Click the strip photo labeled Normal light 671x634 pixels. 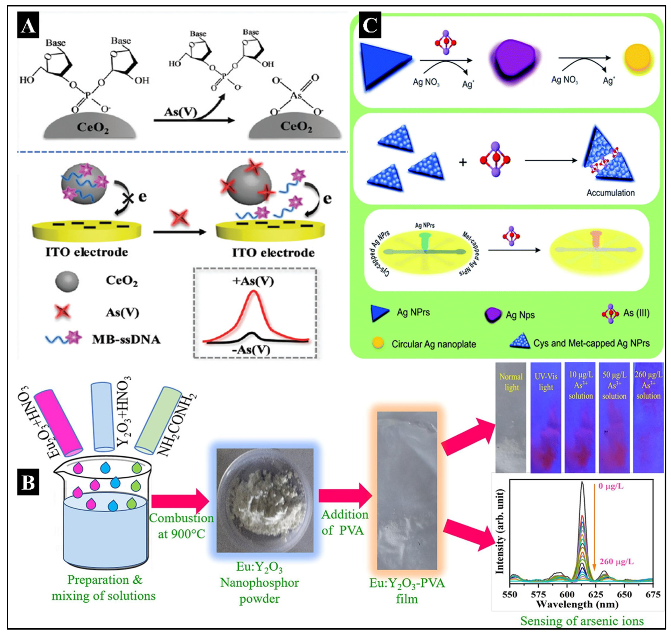pyautogui.click(x=511, y=417)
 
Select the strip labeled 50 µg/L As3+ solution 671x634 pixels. pyautogui.click(x=614, y=417)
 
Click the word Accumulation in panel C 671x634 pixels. pyautogui.click(x=610, y=193)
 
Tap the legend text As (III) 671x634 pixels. pyautogui.click(x=636, y=313)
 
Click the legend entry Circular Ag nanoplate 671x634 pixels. pyautogui.click(x=433, y=344)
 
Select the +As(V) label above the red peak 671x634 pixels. pyautogui.click(x=253, y=281)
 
